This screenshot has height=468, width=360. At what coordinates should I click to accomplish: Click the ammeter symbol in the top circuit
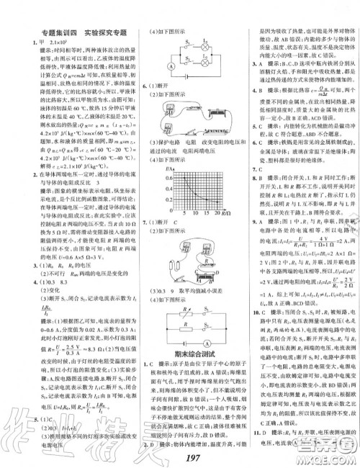click(153, 67)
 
